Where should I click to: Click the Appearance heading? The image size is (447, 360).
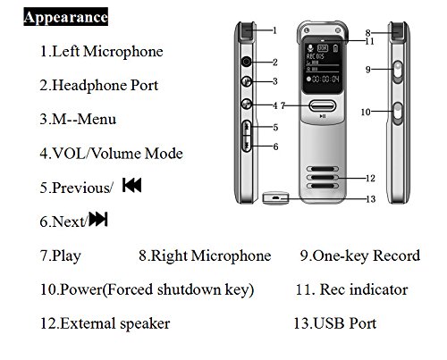(x=65, y=17)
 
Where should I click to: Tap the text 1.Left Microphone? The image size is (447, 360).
(x=101, y=51)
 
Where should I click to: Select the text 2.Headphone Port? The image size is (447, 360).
(x=98, y=86)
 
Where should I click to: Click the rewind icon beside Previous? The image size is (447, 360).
(x=131, y=185)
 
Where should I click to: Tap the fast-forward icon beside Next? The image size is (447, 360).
(x=98, y=220)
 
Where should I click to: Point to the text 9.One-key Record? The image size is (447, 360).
(x=360, y=256)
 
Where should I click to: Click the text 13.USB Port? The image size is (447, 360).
(x=334, y=323)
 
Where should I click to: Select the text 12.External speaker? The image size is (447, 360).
(x=105, y=323)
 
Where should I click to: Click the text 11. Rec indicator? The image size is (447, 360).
(x=351, y=289)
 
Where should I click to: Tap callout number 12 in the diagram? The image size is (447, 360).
(x=370, y=178)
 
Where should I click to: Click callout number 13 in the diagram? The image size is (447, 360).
(x=370, y=199)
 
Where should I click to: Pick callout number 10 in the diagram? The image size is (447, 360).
(x=366, y=112)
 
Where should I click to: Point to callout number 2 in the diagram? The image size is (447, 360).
(x=275, y=62)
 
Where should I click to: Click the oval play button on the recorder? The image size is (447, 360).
(x=323, y=105)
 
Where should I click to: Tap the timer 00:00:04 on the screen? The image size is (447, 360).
(x=324, y=80)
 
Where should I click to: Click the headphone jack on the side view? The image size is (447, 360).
(x=247, y=62)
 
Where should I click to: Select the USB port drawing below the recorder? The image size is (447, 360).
(x=275, y=198)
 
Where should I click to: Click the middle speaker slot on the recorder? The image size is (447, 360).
(x=323, y=178)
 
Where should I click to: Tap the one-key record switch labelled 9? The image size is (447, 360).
(x=398, y=71)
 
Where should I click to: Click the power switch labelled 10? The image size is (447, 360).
(x=398, y=113)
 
